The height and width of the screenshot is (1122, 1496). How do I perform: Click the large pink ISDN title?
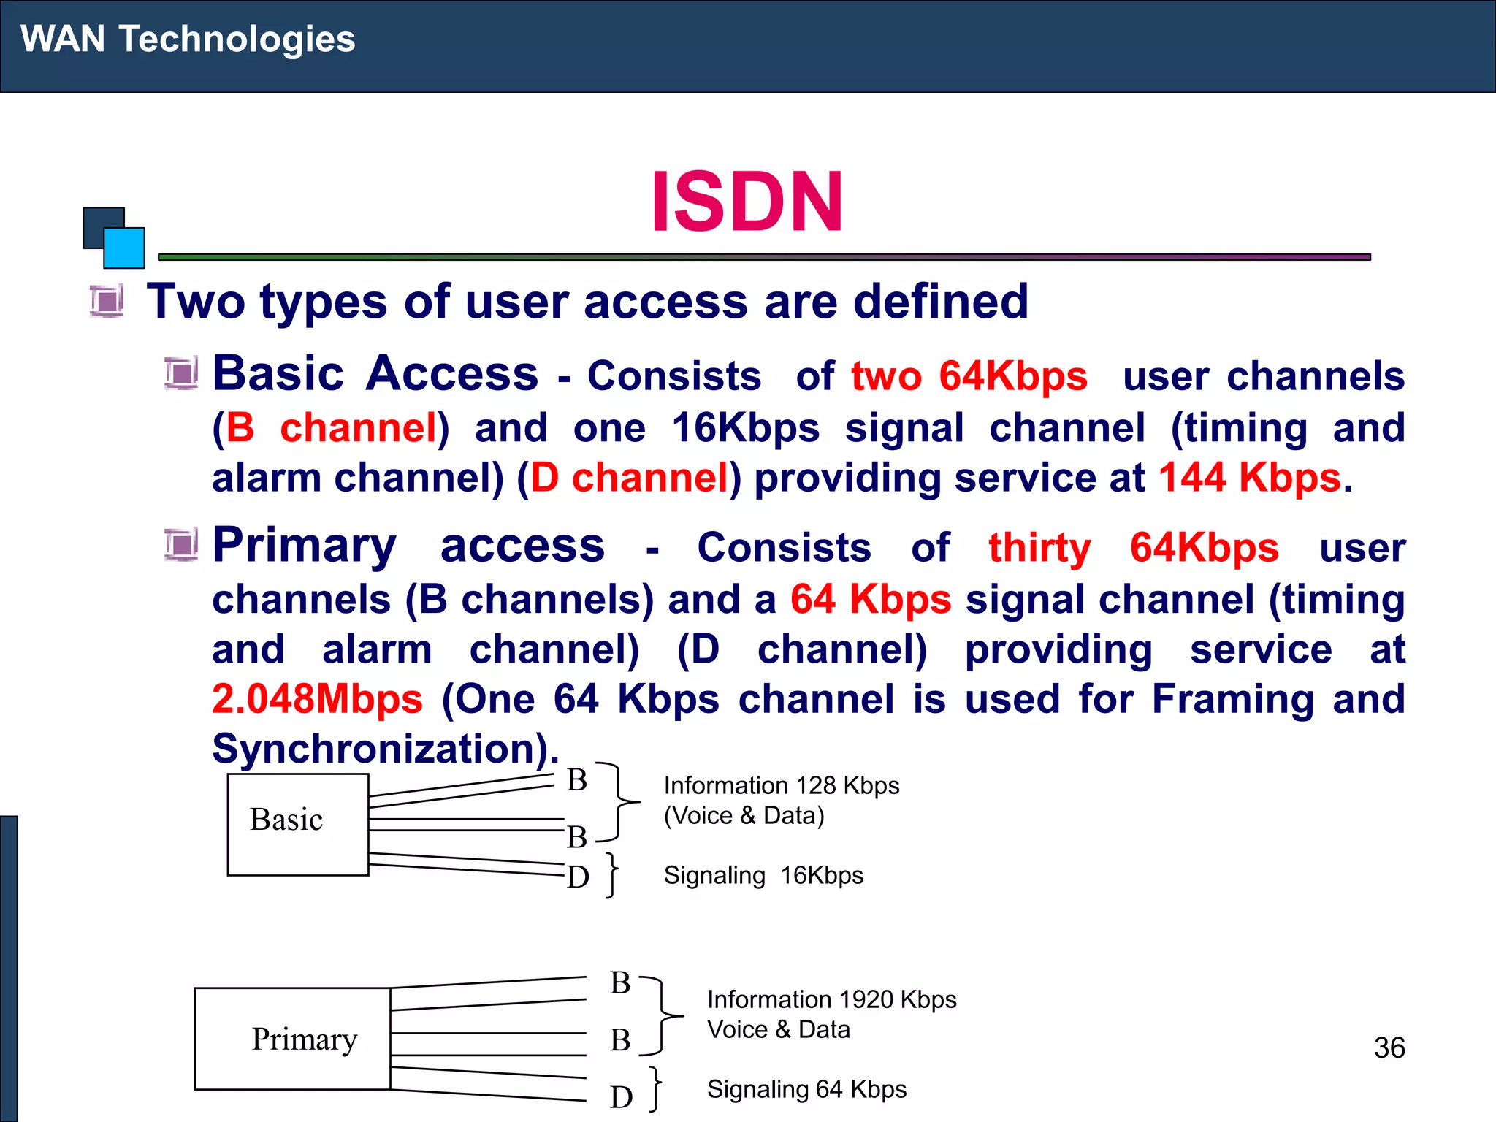point(747,202)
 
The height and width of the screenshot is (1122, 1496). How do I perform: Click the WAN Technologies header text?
point(188,39)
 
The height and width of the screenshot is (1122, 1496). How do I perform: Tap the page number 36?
point(1389,1047)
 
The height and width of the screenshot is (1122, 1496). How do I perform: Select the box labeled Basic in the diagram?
point(297,824)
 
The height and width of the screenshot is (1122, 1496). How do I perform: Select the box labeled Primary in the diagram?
point(292,1038)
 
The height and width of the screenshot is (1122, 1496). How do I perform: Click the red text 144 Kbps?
point(1249,478)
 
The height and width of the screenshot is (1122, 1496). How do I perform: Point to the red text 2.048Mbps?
point(317,699)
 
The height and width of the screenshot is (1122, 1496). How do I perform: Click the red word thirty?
point(1039,548)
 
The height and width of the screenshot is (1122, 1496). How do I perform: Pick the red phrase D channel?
point(629,478)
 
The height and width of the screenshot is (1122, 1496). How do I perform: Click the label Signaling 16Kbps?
point(763,875)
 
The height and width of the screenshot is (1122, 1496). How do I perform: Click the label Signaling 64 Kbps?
point(806,1089)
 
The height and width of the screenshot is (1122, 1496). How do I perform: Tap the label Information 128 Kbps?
point(781,785)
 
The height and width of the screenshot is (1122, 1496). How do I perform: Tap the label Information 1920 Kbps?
point(831,999)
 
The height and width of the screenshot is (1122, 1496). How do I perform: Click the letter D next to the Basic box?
point(578,877)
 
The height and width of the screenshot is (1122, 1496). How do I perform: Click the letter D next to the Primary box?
point(621,1096)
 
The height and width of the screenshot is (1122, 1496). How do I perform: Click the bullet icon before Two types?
point(107,301)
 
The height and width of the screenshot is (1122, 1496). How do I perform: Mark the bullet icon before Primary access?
point(180,545)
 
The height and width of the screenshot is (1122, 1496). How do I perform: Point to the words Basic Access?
point(375,374)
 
